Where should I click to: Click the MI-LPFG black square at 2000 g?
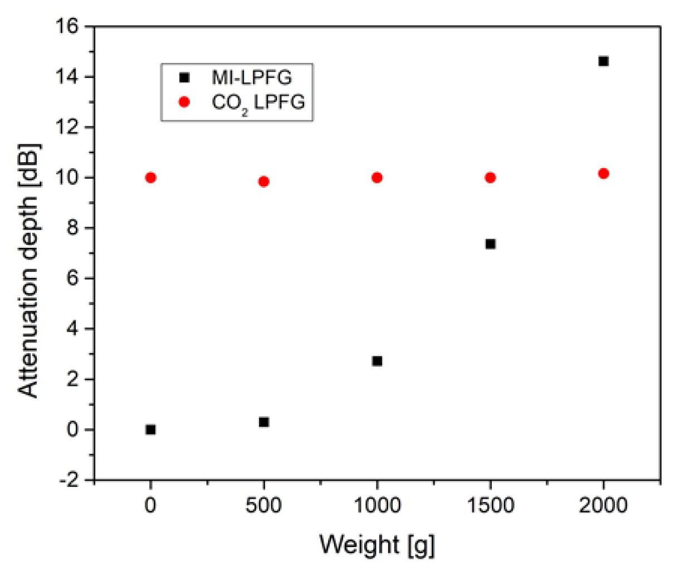(603, 61)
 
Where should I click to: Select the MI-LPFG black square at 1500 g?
(490, 243)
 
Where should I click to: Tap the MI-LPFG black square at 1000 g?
(377, 361)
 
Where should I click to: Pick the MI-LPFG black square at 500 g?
(264, 422)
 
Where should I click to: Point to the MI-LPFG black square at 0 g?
(150, 430)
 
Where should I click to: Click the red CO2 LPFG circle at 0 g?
(150, 178)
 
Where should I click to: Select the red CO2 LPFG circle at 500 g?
(264, 181)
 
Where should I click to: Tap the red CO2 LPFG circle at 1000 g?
(377, 178)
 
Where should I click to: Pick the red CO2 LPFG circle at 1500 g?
(490, 178)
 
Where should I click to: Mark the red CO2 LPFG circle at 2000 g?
(603, 174)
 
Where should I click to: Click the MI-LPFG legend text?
(251, 77)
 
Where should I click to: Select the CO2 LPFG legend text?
(258, 103)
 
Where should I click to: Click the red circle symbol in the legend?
(184, 102)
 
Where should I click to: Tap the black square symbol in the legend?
(184, 77)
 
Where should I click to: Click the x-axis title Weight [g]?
(376, 543)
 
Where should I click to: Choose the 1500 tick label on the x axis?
(490, 506)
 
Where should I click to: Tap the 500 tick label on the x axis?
(264, 506)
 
